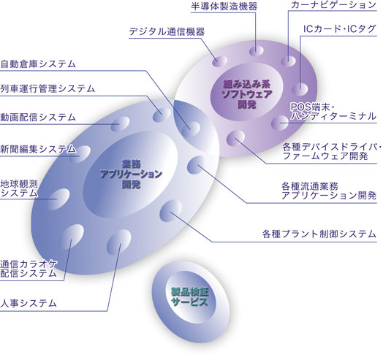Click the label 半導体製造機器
pos(224,6)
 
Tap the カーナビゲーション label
pos(333,5)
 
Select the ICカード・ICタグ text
pos(339,29)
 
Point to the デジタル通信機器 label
pos(167,31)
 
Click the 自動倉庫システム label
pos(38,64)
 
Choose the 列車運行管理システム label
pos(48,88)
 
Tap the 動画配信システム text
pos(38,117)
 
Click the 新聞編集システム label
pos(38,149)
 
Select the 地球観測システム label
pos(19,188)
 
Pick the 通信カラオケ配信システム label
pos(29,269)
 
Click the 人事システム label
pos(29,303)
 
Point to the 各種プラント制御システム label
pos(319,234)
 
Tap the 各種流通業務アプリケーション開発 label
pos(329,191)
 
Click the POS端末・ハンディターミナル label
pos(333,112)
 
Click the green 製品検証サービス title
pos(190,296)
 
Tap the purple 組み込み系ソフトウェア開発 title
pos(247,94)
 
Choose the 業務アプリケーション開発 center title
pos(131,174)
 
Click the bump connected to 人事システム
pos(118,242)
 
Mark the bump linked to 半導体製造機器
pos(257,51)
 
